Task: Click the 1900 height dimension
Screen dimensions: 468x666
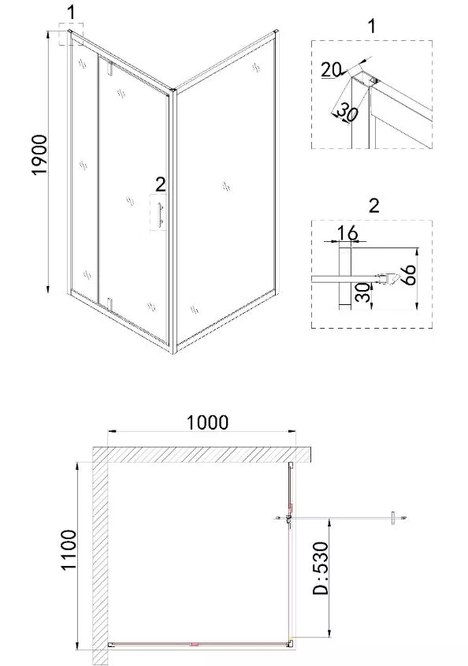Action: (x=39, y=154)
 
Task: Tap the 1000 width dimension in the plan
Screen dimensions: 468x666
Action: (x=208, y=422)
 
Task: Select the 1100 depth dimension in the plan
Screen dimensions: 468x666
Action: (x=69, y=549)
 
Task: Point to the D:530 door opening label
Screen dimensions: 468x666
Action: (x=321, y=568)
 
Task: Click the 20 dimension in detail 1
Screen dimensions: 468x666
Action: (x=331, y=69)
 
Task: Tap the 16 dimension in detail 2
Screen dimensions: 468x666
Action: (x=347, y=233)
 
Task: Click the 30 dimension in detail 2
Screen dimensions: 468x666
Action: (x=362, y=292)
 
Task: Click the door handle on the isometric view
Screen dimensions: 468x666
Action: (x=161, y=214)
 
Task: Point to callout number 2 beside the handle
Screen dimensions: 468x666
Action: (x=160, y=184)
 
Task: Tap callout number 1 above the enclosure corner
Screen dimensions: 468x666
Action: (x=72, y=12)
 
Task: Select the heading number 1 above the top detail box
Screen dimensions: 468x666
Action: (x=372, y=26)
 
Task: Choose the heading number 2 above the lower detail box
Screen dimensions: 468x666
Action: (x=373, y=206)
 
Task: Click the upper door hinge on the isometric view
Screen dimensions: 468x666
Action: (x=110, y=69)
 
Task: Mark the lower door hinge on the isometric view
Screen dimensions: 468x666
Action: (x=110, y=305)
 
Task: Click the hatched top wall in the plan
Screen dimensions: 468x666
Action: (x=203, y=455)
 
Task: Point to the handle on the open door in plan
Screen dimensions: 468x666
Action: (x=393, y=518)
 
